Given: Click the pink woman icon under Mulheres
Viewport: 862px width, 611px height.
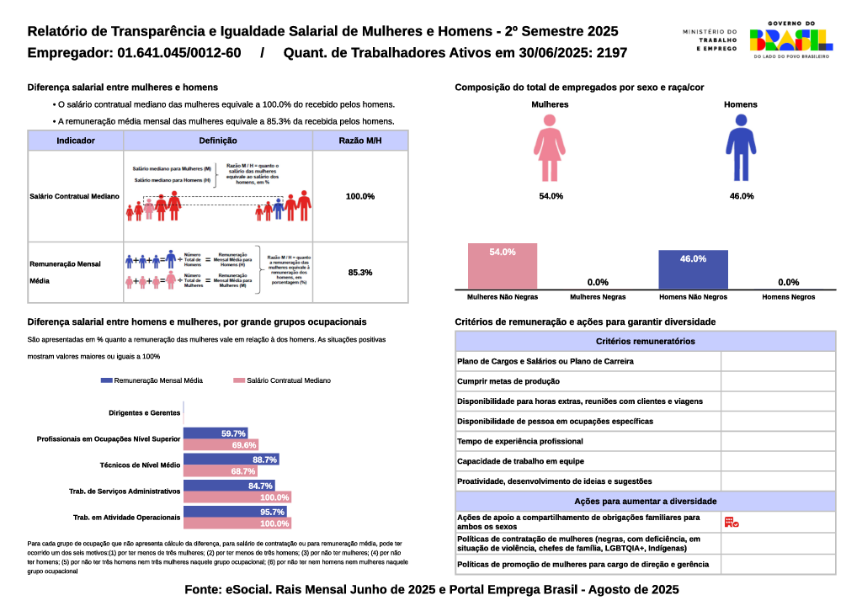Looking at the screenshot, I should click(x=550, y=148).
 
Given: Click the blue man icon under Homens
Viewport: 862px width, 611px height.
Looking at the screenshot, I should click(x=741, y=148).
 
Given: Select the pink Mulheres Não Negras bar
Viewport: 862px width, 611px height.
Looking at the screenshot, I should click(x=502, y=266).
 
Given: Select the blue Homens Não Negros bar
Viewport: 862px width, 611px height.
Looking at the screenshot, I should click(x=693, y=269).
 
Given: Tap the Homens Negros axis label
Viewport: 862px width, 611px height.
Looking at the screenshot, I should click(x=788, y=297).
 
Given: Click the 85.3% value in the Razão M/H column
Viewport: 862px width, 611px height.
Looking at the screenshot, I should click(x=359, y=273).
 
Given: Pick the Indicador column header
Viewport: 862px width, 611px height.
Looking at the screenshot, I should click(x=75, y=141).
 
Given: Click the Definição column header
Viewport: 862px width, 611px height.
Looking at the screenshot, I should click(x=218, y=141).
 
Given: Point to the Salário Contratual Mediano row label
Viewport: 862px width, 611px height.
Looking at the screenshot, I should click(x=74, y=196).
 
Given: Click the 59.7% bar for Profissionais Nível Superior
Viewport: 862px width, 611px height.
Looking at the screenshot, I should click(x=215, y=433).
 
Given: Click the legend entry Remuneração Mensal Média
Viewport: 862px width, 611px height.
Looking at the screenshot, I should click(x=152, y=380).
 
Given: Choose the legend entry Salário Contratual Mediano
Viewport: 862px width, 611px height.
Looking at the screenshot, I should click(x=282, y=380).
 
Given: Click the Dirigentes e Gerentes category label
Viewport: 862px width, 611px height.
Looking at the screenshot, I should click(x=145, y=413).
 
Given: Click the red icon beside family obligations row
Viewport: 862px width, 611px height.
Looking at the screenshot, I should click(x=731, y=523).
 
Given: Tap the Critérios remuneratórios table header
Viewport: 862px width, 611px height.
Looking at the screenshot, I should click(x=645, y=341).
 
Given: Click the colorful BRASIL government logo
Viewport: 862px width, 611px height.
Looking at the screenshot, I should click(x=790, y=40).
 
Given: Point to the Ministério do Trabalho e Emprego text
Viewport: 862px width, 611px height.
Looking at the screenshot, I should click(x=710, y=40).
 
